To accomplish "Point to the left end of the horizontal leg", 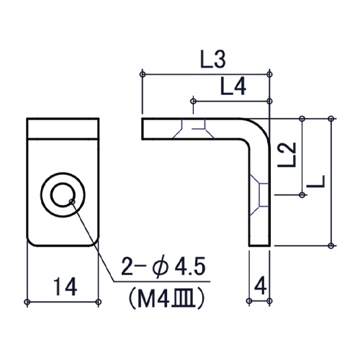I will [x=144, y=128].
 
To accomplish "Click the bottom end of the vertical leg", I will [x=260, y=244].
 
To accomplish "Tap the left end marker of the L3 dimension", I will [x=144, y=75].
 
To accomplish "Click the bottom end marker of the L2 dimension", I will [x=302, y=194].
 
